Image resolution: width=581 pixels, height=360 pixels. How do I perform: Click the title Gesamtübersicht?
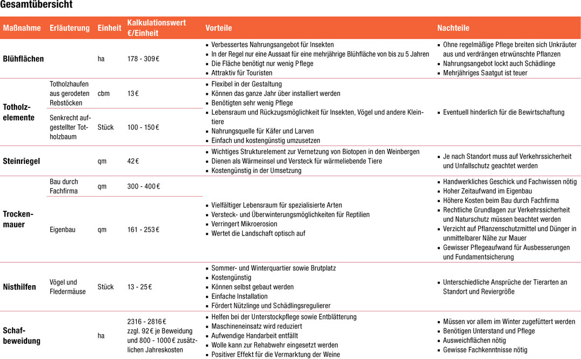pos(37,5)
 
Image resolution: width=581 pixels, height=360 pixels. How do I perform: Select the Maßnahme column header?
pos(22,28)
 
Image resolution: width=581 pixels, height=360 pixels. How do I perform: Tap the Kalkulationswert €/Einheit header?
pos(156,27)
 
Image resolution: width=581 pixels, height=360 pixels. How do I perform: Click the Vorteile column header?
pos(219,28)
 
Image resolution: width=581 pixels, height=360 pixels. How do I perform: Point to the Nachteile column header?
pos(453,28)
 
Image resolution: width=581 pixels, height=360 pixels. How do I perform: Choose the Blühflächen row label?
pos(24,59)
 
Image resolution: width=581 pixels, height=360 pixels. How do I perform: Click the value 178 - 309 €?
pos(143,59)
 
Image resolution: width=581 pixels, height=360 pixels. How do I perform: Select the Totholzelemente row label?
pos(19,112)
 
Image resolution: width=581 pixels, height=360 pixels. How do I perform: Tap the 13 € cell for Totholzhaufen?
pos(133,93)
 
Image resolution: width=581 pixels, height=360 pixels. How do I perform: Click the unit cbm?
pos(103,93)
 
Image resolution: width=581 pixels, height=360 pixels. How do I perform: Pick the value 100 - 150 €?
pos(143,128)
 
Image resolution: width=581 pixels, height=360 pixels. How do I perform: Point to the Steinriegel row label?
pos(22,161)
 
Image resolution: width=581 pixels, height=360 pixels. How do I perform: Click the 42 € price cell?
pos(133,161)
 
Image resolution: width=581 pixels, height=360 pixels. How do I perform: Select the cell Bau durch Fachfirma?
pos(64,186)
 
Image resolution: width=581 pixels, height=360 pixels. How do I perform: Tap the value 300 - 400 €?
pos(143,186)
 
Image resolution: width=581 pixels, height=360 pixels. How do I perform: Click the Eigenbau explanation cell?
pos(63,230)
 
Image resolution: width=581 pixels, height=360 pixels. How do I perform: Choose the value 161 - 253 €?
pos(143,230)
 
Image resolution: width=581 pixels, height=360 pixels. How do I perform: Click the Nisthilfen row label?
pos(19,287)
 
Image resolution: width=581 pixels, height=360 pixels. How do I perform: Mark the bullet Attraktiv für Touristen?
pos(242,73)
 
